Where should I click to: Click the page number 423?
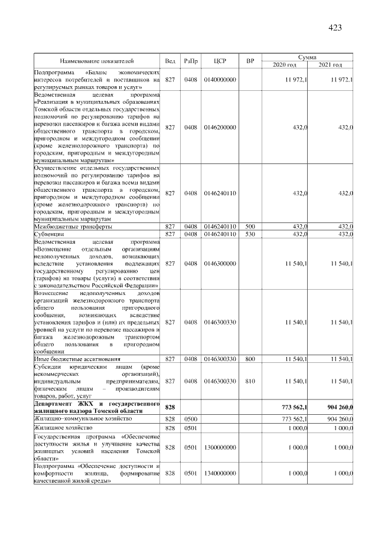coord(335,27)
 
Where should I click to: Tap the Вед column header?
coord(170,61)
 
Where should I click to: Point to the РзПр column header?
coord(190,61)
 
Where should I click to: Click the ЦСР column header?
coord(220,61)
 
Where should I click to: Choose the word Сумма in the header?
coord(307,57)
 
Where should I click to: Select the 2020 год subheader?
coord(283,64)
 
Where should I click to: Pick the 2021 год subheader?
coord(330,64)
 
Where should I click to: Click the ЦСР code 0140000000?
coord(220,79)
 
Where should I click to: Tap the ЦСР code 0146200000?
coord(220,127)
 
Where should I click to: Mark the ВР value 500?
coord(250,227)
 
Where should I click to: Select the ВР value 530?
coord(250,234)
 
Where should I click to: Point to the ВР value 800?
coord(250,359)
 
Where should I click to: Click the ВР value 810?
coord(250,382)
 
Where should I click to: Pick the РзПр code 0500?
coord(190,418)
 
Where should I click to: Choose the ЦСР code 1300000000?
coord(220,448)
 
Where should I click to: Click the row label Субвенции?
coord(48,234)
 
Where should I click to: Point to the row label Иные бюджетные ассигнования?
coord(77,359)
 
